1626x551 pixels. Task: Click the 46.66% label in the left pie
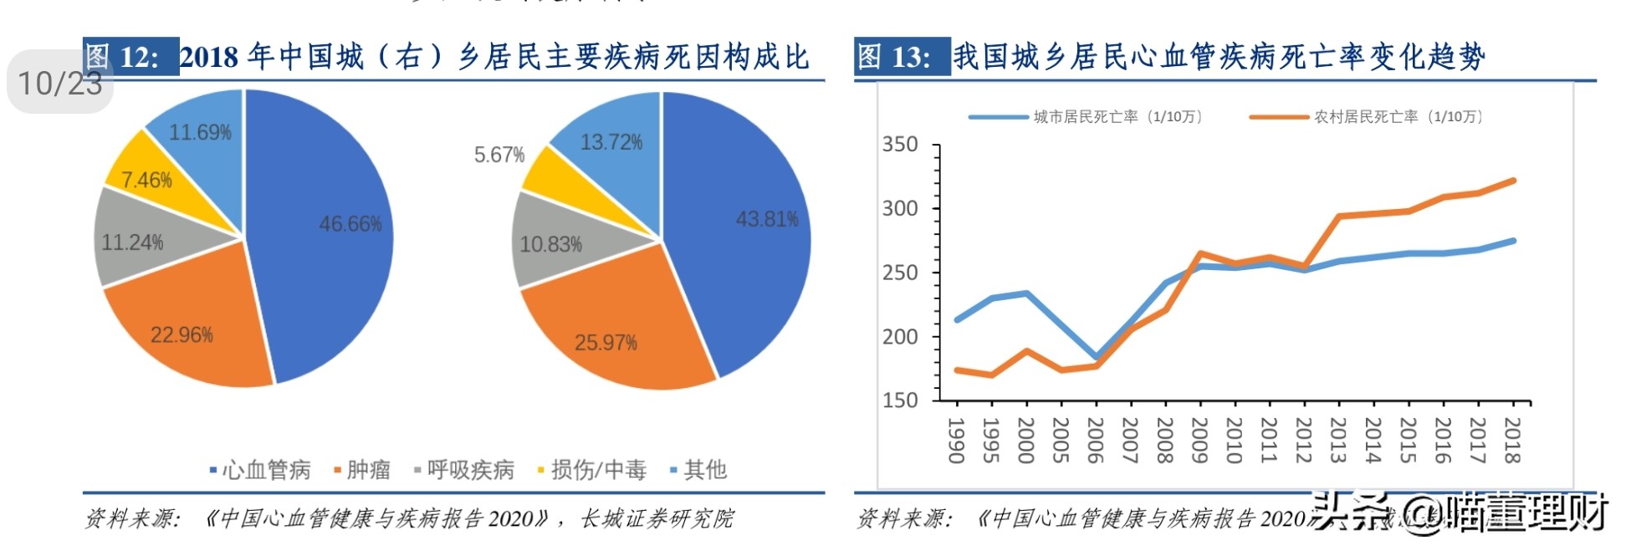tap(350, 224)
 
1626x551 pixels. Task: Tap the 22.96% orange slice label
tap(182, 335)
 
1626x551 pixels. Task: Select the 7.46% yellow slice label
tap(146, 180)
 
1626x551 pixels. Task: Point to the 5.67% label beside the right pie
tap(499, 155)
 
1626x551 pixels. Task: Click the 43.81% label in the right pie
tap(766, 219)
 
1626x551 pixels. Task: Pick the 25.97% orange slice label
tap(606, 342)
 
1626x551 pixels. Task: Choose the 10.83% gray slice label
tap(550, 244)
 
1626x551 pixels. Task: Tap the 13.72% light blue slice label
tap(611, 142)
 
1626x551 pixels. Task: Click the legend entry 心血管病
tap(260, 470)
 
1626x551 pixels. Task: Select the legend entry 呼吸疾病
tap(464, 470)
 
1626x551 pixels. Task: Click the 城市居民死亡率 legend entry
tap(1087, 117)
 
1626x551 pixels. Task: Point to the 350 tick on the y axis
tap(900, 145)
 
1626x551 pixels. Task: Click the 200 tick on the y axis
tap(900, 336)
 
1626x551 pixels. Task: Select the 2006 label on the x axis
tap(1095, 440)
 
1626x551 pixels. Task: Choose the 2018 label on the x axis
tap(1511, 440)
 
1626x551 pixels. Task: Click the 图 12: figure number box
tap(131, 57)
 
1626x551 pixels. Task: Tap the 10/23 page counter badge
tap(60, 83)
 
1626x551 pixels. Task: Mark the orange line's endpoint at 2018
tap(1513, 181)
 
